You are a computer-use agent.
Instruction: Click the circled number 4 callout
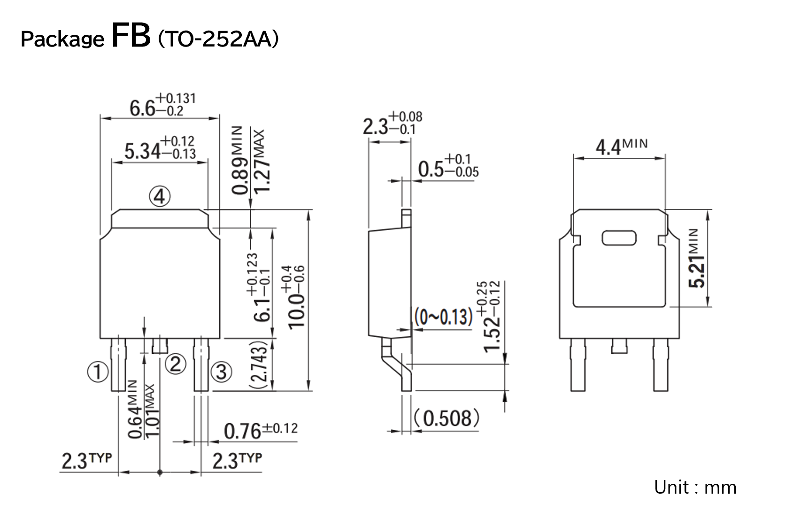(160, 197)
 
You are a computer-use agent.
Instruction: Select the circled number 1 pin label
(98, 372)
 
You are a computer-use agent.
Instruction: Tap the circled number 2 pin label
(175, 364)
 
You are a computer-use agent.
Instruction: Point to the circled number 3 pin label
(221, 372)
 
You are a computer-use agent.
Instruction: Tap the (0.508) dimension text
(447, 418)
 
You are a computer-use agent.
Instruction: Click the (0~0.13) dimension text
(443, 318)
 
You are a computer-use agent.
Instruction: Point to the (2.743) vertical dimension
(259, 364)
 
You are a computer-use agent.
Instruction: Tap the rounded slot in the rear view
(619, 238)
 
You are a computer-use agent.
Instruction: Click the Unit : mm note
(695, 488)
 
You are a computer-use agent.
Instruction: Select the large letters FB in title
(131, 36)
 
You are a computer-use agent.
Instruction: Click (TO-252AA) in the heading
(218, 39)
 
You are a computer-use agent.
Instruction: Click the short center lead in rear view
(619, 347)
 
